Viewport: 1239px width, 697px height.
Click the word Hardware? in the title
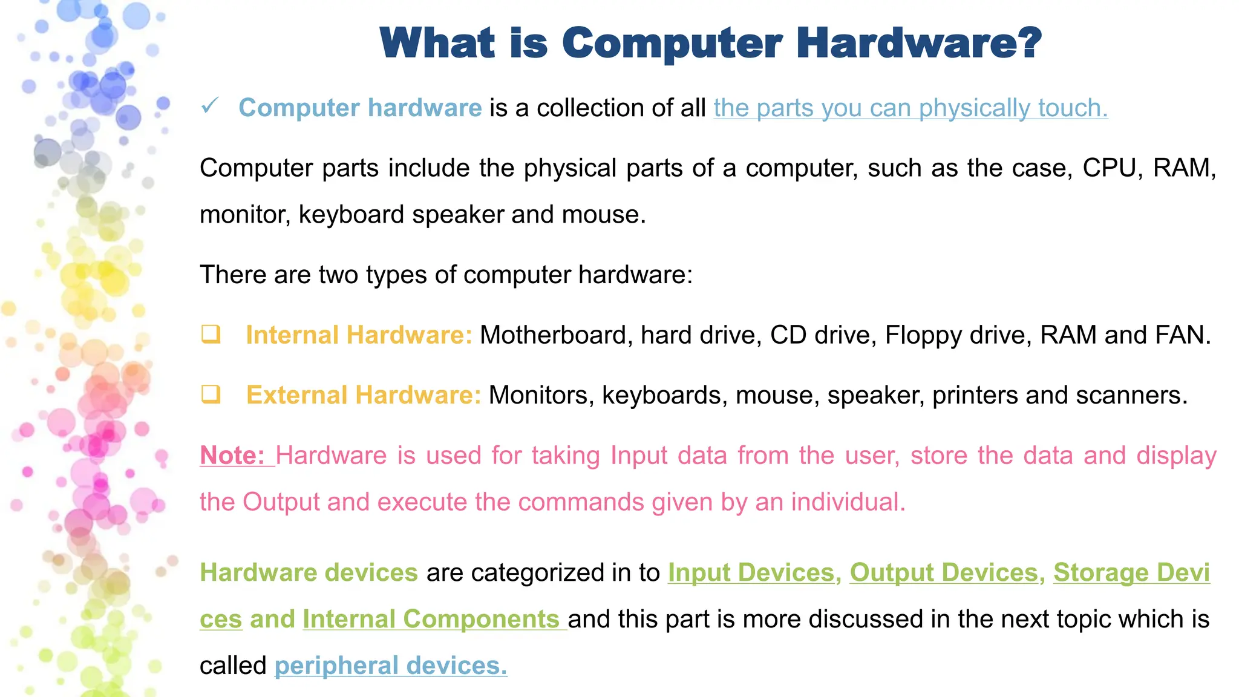pos(919,44)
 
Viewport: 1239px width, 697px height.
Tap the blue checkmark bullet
pos(209,106)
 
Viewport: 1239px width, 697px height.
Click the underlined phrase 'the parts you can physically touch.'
pos(910,108)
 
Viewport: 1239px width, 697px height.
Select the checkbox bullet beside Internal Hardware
pos(211,334)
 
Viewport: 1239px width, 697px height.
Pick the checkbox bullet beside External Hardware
pos(211,394)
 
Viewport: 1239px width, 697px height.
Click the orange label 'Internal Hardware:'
pos(359,335)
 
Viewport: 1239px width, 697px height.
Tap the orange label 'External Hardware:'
pos(364,395)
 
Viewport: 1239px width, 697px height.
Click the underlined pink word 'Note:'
pos(233,456)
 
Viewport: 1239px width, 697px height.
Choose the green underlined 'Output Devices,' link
pos(947,573)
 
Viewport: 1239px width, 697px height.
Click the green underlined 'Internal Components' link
pos(431,620)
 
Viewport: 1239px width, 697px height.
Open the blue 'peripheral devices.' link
pos(391,666)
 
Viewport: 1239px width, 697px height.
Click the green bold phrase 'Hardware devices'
pos(309,573)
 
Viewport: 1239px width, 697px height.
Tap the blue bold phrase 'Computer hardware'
pos(360,108)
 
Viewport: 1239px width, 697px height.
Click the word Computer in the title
pos(672,44)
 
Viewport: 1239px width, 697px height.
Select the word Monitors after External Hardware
pos(541,395)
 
